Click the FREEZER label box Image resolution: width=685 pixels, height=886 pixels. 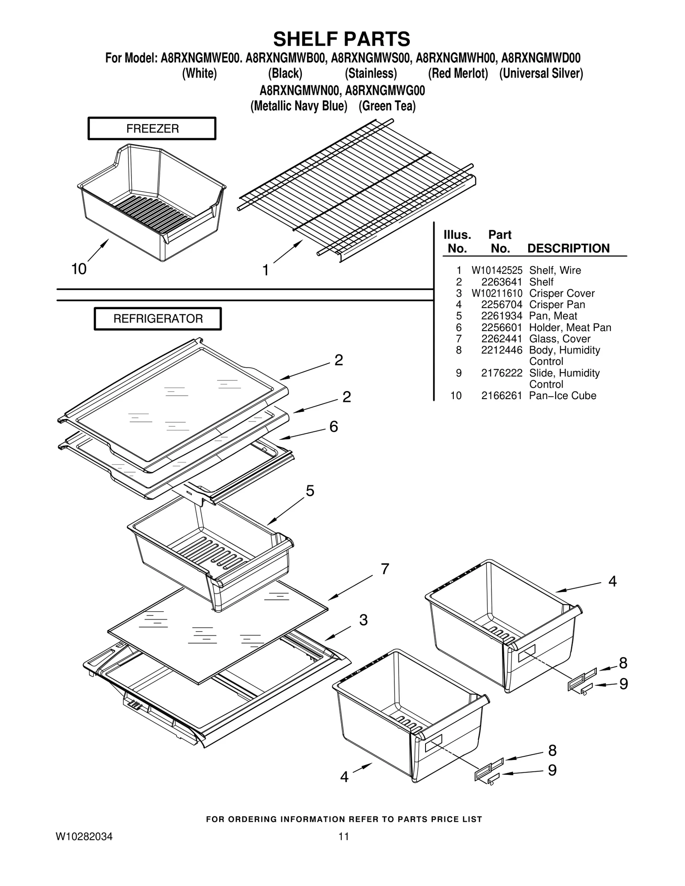pos(152,128)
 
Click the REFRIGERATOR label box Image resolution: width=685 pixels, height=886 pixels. pos(158,319)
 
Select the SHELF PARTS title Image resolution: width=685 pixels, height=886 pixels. pos(342,39)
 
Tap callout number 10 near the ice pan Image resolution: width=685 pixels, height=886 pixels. pos(79,269)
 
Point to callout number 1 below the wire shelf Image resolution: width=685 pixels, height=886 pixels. pos(265,270)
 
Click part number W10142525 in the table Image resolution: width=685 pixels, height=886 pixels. pos(497,270)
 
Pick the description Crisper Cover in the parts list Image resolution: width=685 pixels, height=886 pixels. pos(561,293)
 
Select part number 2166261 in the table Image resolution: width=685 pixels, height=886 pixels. pos(501,396)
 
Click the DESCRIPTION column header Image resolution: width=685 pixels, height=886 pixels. pos(568,249)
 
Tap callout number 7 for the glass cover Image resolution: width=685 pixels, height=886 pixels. pos(385,569)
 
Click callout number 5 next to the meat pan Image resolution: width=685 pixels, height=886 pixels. pos(310,491)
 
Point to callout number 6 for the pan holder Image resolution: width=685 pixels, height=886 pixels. pos(334,427)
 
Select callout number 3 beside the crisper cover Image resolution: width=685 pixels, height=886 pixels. pos(363,620)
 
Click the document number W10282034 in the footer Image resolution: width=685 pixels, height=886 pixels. pos(84,837)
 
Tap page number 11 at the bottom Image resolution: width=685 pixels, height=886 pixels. pos(344,837)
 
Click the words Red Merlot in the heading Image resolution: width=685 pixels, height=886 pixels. pos(458,74)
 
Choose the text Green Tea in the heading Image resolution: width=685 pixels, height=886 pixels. pos(387,106)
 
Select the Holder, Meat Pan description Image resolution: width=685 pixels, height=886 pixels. pos(570,328)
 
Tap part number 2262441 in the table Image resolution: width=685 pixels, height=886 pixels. pos(501,339)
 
